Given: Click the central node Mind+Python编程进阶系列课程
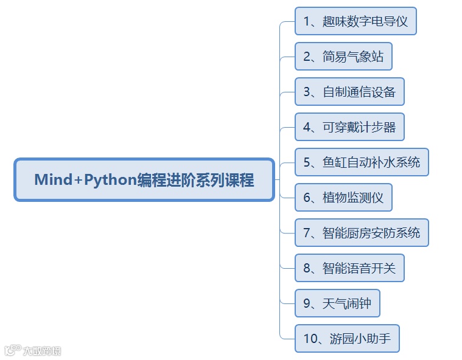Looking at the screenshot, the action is [x=144, y=180].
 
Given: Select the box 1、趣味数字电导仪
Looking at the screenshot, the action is [x=355, y=22].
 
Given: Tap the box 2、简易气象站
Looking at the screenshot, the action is [x=343, y=57].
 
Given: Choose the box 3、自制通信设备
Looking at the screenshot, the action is [x=349, y=92].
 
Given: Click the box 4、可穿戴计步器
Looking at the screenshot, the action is [x=349, y=127].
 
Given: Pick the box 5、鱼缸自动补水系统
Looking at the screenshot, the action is [x=362, y=162].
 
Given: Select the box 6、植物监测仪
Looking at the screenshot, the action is [x=343, y=198].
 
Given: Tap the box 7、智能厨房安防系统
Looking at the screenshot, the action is [x=362, y=233].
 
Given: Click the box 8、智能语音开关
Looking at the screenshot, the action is [x=349, y=268].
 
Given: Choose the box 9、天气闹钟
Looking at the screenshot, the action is [x=337, y=303].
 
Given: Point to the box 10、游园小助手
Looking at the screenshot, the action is [x=347, y=339].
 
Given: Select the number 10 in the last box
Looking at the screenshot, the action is [x=309, y=339].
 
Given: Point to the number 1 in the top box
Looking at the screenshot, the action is [x=306, y=22].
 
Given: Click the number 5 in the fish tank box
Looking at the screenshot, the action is [x=307, y=162].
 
